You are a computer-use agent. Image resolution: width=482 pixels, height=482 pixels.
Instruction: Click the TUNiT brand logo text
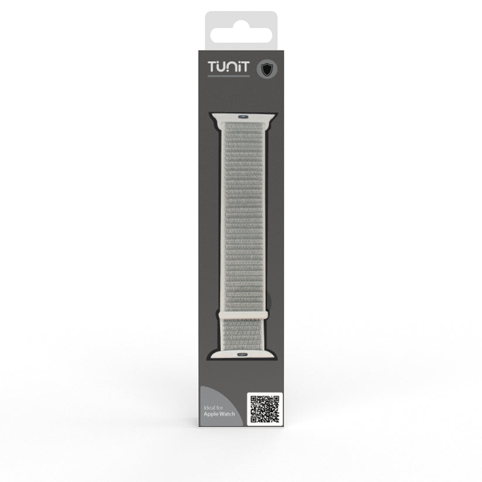pyautogui.click(x=228, y=67)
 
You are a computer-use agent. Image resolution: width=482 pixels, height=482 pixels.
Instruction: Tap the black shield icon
pyautogui.click(x=267, y=69)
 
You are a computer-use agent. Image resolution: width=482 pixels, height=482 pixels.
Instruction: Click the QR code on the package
pyautogui.click(x=265, y=409)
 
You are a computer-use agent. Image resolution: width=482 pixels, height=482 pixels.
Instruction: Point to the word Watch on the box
pyautogui.click(x=227, y=413)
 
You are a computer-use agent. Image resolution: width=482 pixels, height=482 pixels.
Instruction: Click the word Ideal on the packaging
pyautogui.click(x=209, y=408)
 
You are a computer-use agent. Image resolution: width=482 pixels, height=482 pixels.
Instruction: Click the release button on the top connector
pyautogui.click(x=243, y=117)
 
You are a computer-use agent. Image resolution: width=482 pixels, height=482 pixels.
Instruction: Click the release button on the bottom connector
pyautogui.click(x=242, y=354)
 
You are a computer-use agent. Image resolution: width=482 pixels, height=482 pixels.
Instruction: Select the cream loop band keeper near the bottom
pyautogui.click(x=243, y=315)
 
